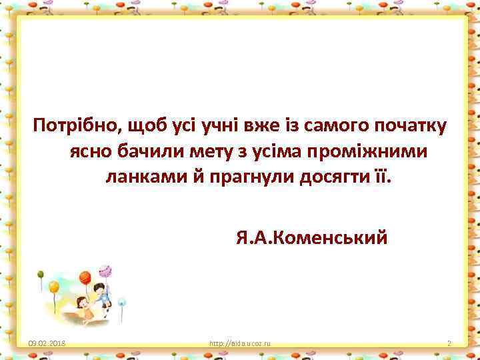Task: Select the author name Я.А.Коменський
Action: click(x=311, y=237)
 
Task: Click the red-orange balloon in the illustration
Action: click(x=85, y=277)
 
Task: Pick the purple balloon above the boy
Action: click(x=105, y=271)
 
